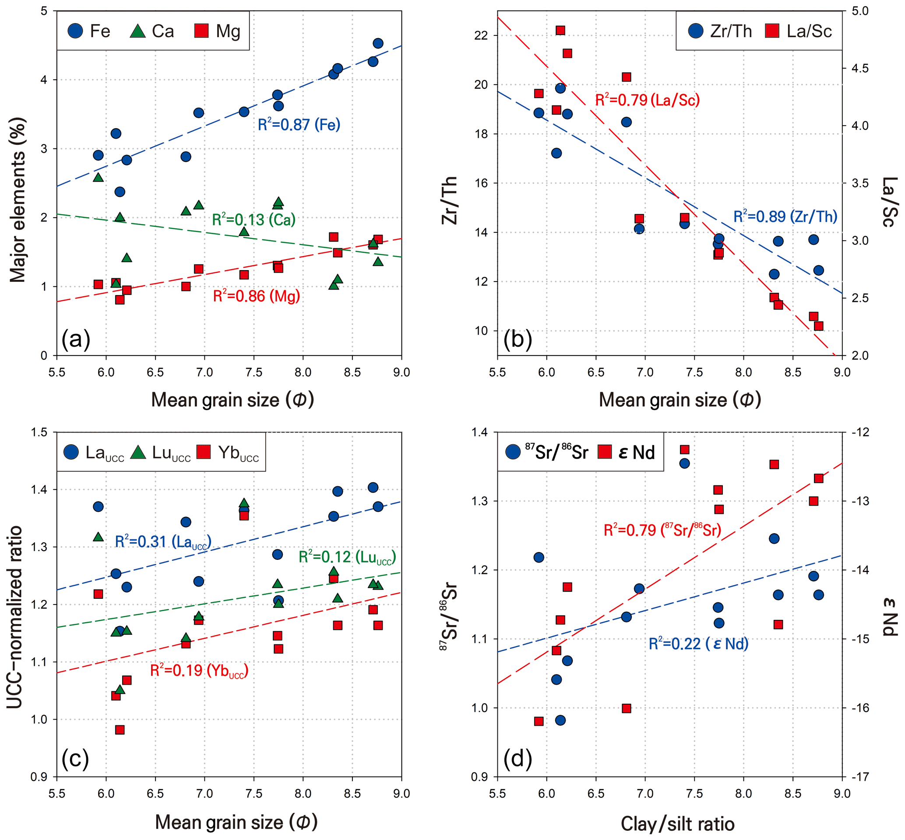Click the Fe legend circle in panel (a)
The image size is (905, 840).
[75, 31]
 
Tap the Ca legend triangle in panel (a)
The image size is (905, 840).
[137, 31]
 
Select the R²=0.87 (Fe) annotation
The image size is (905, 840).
[299, 125]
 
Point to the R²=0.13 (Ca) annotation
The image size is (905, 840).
[254, 220]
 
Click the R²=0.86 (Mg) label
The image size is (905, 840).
[257, 296]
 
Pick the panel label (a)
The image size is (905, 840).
[76, 339]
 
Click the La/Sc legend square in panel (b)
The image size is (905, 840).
[772, 31]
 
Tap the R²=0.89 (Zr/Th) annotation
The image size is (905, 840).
[785, 216]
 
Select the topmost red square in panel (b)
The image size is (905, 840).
[560, 31]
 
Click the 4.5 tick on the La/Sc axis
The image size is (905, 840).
[859, 68]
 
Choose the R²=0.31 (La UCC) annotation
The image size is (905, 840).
[163, 542]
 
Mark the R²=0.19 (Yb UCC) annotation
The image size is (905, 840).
[199, 671]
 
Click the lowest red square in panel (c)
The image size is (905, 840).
[120, 730]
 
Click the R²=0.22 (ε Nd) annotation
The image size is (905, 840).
[698, 644]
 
